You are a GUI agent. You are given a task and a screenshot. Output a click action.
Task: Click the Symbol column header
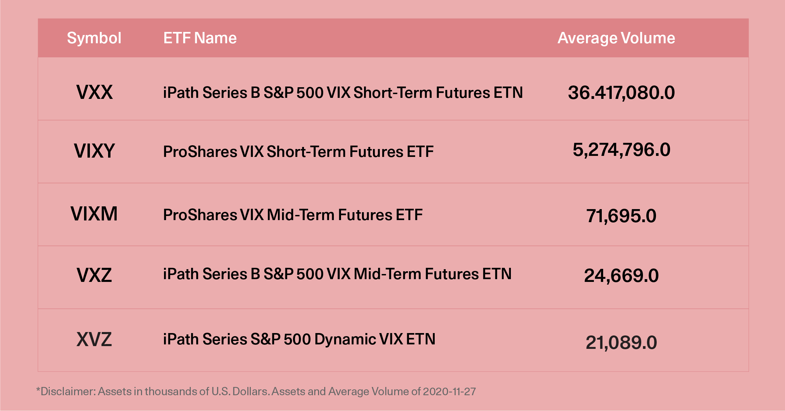(x=94, y=38)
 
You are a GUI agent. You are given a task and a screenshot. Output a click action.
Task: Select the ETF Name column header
(x=200, y=38)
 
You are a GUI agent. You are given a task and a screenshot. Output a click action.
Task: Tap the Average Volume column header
(x=616, y=38)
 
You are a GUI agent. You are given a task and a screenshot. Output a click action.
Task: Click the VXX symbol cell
(x=94, y=92)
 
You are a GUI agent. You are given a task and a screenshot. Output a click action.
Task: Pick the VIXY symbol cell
(x=94, y=151)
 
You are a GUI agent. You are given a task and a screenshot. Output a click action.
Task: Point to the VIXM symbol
(x=94, y=214)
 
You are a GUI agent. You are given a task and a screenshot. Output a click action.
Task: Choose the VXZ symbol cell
(x=94, y=275)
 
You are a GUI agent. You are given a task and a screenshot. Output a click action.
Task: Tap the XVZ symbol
(x=94, y=340)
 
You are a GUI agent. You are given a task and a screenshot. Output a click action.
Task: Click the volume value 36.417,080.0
(x=621, y=93)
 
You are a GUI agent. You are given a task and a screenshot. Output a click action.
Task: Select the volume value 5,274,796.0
(x=621, y=150)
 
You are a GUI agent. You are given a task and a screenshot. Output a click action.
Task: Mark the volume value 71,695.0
(x=621, y=216)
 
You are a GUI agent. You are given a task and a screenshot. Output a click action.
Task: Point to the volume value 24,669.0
(x=621, y=276)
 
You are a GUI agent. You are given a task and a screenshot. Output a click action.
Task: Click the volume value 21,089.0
(x=621, y=343)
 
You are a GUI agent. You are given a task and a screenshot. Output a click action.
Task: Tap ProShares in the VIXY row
(x=200, y=152)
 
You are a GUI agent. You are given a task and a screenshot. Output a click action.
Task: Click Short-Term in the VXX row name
(x=392, y=93)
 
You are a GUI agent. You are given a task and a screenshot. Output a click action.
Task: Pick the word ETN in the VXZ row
(x=497, y=274)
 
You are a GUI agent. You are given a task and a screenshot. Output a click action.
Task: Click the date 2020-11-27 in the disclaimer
(x=449, y=391)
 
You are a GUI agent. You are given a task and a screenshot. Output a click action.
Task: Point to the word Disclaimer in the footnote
(x=68, y=391)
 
